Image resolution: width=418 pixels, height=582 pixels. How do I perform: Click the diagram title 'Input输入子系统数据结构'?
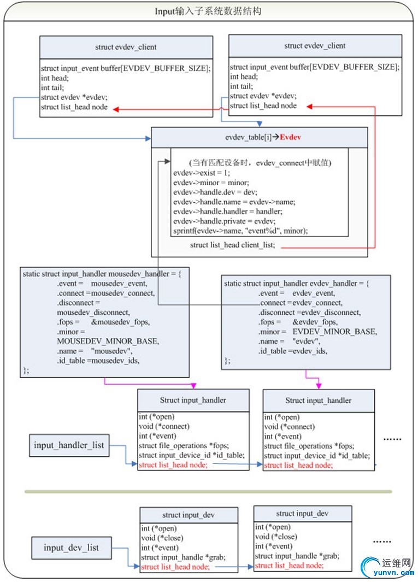pos(208,11)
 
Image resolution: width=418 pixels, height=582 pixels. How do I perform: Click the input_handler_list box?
pos(69,445)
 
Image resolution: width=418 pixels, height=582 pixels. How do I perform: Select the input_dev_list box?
pos(71,547)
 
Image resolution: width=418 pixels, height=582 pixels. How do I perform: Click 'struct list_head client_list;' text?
pos(233,245)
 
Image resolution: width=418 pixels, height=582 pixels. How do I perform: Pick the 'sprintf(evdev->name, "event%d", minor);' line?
pos(240,231)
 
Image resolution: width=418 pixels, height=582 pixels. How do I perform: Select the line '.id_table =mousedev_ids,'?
pos(98,361)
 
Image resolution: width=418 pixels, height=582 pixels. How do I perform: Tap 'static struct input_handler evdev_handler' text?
pos(297,283)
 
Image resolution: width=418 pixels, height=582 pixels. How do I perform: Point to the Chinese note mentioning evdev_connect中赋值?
pos(261,163)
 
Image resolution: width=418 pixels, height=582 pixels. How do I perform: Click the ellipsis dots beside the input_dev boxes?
pos(382,541)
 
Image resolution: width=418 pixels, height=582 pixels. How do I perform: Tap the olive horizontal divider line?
pos(208,491)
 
